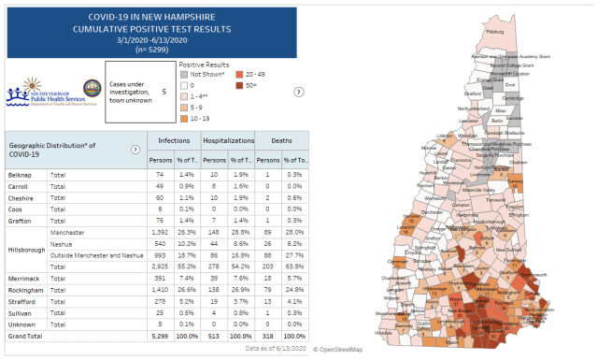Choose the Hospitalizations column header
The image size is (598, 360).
point(229,138)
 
